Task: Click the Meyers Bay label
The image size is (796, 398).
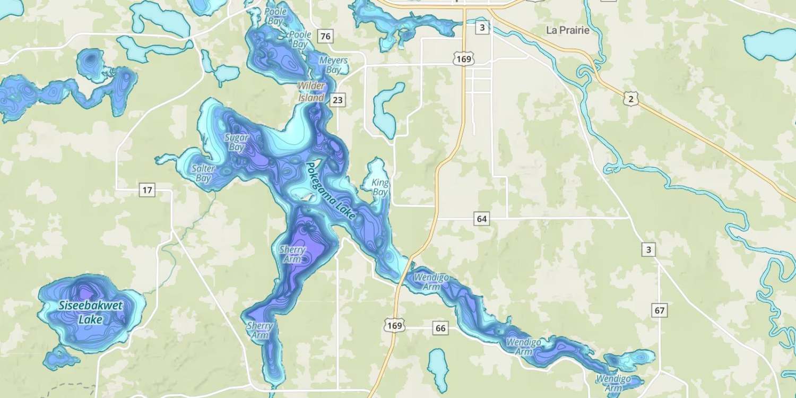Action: click(333, 65)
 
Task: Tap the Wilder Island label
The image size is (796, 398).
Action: click(311, 92)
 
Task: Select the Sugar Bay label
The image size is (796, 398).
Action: click(236, 142)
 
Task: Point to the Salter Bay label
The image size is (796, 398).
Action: click(204, 174)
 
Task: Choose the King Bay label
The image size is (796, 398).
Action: click(380, 187)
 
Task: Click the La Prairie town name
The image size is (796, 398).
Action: click(568, 30)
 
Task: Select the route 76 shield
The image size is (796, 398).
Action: click(326, 37)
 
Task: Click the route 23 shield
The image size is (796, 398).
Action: click(336, 99)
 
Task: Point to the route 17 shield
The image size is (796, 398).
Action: click(147, 189)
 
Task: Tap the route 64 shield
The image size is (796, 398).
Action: click(481, 219)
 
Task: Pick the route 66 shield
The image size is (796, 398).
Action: click(440, 328)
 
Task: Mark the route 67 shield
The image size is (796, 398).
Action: click(659, 310)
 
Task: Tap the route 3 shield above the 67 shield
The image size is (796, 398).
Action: click(648, 249)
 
